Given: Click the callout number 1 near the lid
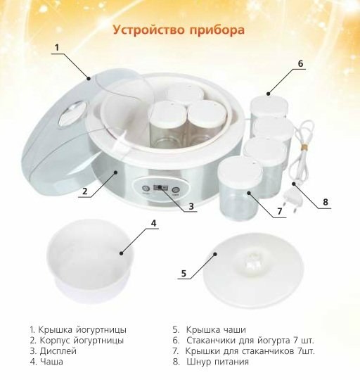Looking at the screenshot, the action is click(x=57, y=48).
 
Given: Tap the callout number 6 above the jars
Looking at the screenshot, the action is click(x=300, y=63).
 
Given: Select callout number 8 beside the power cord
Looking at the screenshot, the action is click(x=326, y=202).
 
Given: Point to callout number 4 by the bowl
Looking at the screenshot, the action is click(x=154, y=223).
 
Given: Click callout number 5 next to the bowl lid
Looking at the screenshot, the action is click(x=184, y=273).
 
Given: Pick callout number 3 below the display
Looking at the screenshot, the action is click(x=191, y=206).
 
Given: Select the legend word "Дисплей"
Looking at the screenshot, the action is click(x=58, y=351).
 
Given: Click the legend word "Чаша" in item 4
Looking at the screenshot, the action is click(x=51, y=362).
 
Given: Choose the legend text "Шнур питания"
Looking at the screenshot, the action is click(x=218, y=362).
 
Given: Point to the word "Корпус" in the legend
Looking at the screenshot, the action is click(x=55, y=341).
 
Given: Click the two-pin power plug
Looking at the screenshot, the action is click(x=292, y=201).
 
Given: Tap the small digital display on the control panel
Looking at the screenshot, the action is click(x=160, y=188).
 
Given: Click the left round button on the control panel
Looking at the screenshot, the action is click(x=146, y=189).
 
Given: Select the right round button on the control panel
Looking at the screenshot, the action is click(x=176, y=190).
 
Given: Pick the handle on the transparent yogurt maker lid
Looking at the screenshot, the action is click(x=72, y=114).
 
